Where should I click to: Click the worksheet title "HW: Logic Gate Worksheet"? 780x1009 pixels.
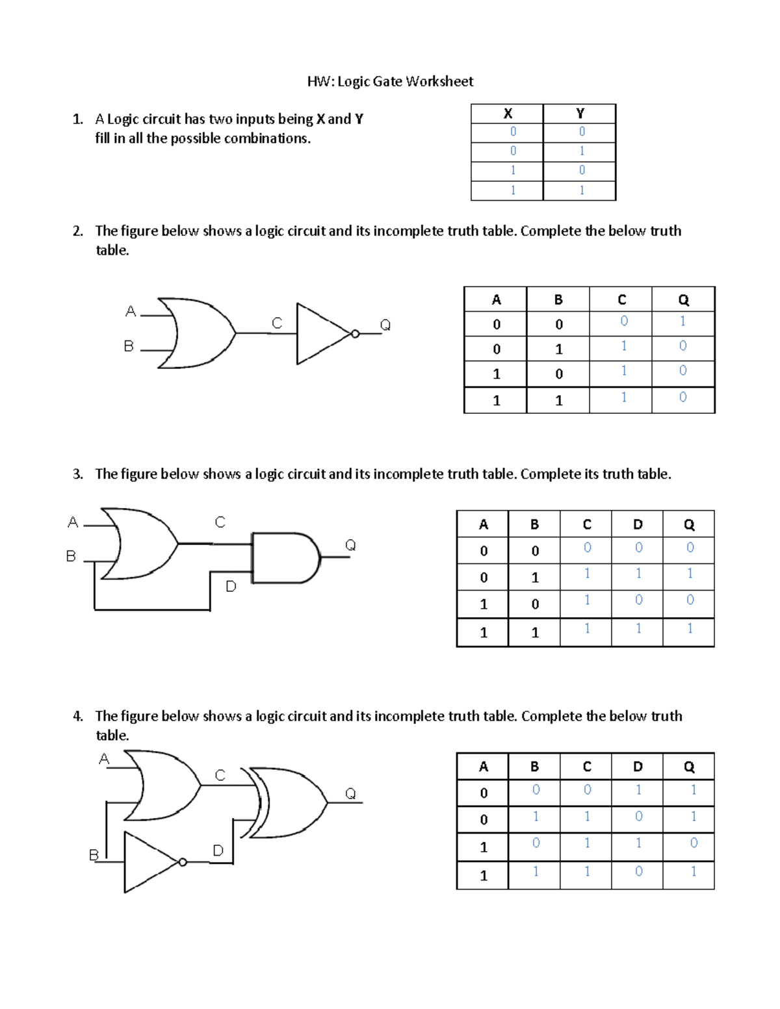(x=390, y=81)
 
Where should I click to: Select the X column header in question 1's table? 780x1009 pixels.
(x=508, y=114)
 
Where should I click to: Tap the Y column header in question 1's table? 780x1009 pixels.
(x=580, y=114)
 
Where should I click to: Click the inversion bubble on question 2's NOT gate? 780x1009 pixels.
(x=355, y=334)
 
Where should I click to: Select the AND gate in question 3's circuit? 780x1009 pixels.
(x=285, y=557)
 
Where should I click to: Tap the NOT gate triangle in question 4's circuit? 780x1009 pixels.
(x=149, y=862)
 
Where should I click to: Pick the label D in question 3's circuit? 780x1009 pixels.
(x=231, y=587)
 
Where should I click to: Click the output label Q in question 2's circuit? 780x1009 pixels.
(x=385, y=325)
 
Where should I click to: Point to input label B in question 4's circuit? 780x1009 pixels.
(x=94, y=855)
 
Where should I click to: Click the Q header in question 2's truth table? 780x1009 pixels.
(x=683, y=300)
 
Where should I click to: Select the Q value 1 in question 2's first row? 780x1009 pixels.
(x=682, y=321)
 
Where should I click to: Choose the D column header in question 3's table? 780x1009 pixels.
(x=638, y=524)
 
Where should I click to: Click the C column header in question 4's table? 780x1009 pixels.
(x=586, y=767)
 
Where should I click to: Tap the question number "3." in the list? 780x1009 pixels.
(x=78, y=474)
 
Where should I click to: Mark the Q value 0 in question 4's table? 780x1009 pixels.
(x=694, y=843)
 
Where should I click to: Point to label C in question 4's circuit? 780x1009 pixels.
(x=220, y=775)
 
